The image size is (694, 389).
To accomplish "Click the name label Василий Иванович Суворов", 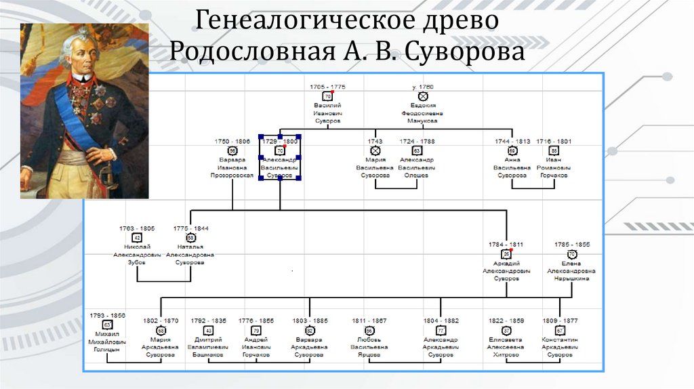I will click(327, 114).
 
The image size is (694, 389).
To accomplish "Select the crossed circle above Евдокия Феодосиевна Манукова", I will click(423, 97).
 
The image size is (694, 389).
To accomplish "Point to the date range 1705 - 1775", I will click(327, 87).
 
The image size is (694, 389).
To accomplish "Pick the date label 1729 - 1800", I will click(279, 142).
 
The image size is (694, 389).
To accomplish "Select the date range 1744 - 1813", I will click(512, 142).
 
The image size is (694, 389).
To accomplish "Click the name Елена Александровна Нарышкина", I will click(571, 270).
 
